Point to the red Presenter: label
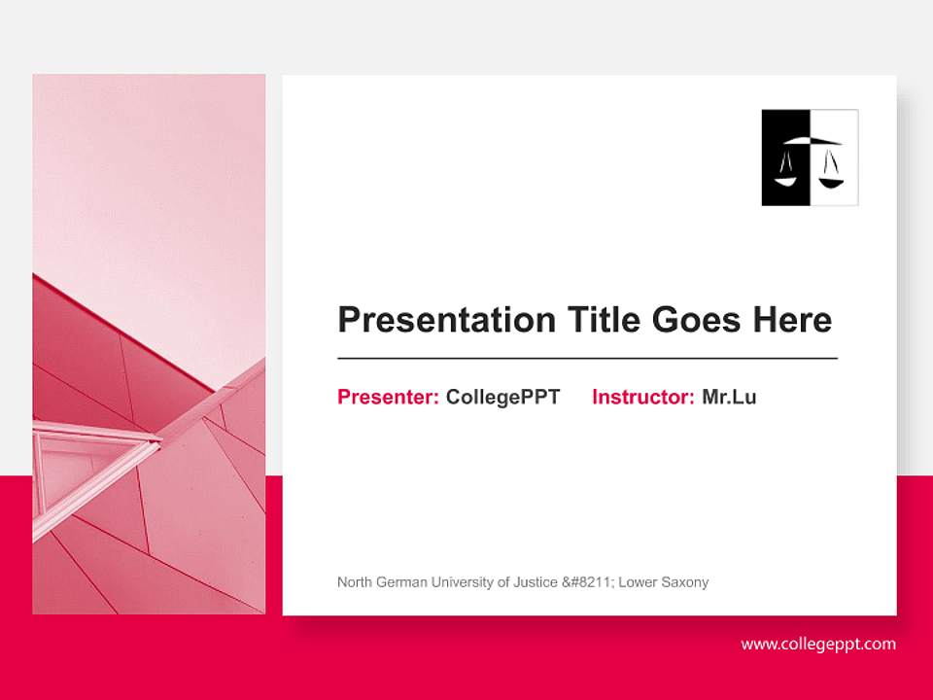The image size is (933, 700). click(x=388, y=397)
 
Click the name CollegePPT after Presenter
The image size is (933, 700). click(x=502, y=397)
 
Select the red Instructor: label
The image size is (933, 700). click(x=642, y=397)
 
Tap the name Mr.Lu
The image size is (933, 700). click(x=729, y=397)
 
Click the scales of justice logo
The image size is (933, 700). click(x=810, y=157)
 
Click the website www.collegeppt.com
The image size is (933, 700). click(x=818, y=644)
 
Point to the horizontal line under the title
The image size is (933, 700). click(x=587, y=359)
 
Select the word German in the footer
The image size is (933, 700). click(x=403, y=582)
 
